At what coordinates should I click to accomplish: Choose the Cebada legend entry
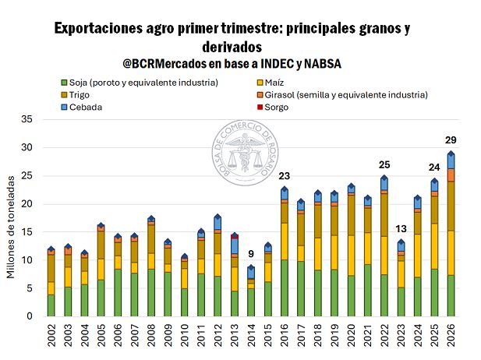(x=86, y=107)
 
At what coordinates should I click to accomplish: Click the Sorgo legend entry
(x=276, y=107)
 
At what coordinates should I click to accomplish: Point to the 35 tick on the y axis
(x=27, y=119)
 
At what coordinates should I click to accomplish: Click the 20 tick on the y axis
(x=27, y=204)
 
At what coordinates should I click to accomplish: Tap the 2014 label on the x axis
(x=252, y=337)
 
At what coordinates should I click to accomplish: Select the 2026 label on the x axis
(x=451, y=337)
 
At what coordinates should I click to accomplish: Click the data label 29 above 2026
(x=451, y=139)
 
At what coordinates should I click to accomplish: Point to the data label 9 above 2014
(x=251, y=253)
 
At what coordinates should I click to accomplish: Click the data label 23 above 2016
(x=285, y=175)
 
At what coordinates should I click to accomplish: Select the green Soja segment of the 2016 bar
(x=285, y=288)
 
